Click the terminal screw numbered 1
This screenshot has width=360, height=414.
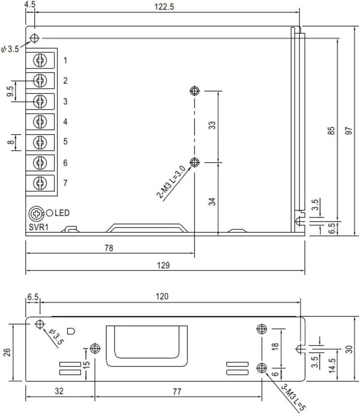tap(40, 60)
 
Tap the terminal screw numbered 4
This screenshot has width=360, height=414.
tap(40, 121)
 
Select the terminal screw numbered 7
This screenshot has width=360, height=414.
tap(40, 183)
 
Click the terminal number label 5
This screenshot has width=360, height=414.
tap(65, 141)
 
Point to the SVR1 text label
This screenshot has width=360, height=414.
tap(38, 227)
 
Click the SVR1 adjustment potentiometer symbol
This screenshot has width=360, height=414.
tap(36, 214)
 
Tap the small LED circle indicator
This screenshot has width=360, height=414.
tap(50, 213)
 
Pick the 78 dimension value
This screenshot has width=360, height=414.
tap(108, 248)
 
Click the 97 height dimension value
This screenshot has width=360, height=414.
tap(349, 131)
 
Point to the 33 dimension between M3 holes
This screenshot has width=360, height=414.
tap(213, 125)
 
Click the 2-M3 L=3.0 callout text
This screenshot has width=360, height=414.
tap(171, 182)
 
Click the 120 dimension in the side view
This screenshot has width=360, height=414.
tap(162, 296)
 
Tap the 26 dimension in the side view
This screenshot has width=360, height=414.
tap(7, 352)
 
